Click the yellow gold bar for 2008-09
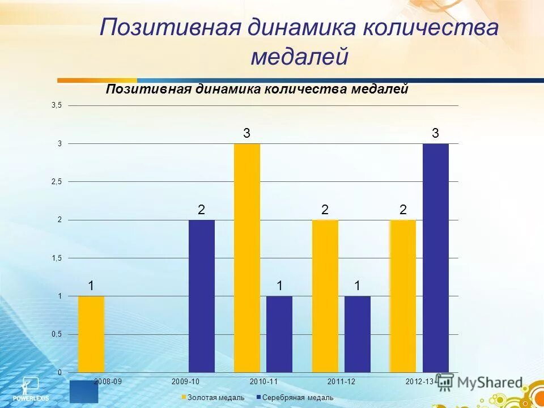[91, 334]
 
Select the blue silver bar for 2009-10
[202, 296]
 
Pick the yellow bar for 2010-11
[247, 258]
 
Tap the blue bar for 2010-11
[279, 334]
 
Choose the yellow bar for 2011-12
[325, 296]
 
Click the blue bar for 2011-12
[358, 334]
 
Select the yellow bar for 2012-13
[403, 296]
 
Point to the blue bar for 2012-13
[435, 258]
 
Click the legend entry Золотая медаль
[213, 398]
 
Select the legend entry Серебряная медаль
[294, 398]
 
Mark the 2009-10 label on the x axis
[185, 381]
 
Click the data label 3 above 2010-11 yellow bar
[246, 134]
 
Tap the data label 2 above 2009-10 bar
[201, 210]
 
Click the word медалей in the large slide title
[299, 57]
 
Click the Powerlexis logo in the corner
[28, 388]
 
